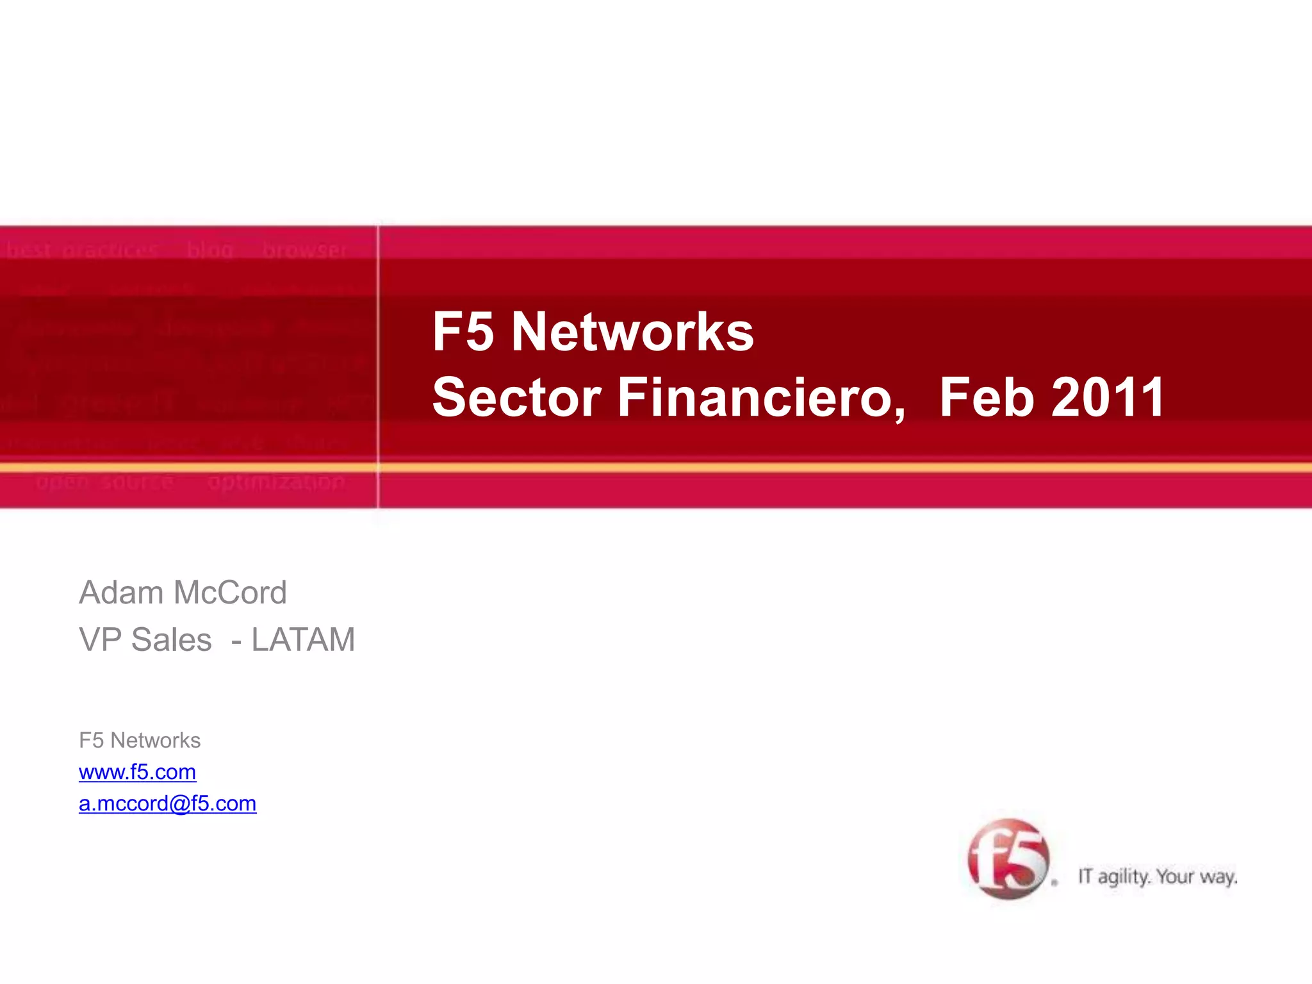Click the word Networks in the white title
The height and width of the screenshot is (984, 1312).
pyautogui.click(x=632, y=332)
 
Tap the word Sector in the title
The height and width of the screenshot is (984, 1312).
pyautogui.click(x=516, y=398)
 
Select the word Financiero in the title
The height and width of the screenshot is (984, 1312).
pyautogui.click(x=761, y=398)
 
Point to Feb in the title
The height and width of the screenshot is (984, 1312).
pyautogui.click(x=987, y=398)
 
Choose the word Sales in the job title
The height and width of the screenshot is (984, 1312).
pyautogui.click(x=171, y=640)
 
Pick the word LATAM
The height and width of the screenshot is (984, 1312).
pyautogui.click(x=303, y=640)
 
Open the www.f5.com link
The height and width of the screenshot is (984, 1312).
pyautogui.click(x=137, y=772)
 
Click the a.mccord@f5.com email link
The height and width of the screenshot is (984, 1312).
pyautogui.click(x=167, y=803)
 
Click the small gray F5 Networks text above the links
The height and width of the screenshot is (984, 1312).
pyautogui.click(x=140, y=741)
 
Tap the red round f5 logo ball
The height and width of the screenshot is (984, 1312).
pyautogui.click(x=1008, y=859)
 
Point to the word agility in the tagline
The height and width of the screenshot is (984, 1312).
pyautogui.click(x=1124, y=877)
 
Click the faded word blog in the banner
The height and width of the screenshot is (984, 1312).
pyautogui.click(x=210, y=250)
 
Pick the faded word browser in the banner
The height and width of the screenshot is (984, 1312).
pyautogui.click(x=304, y=250)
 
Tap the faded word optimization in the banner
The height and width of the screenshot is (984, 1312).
pyautogui.click(x=276, y=482)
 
